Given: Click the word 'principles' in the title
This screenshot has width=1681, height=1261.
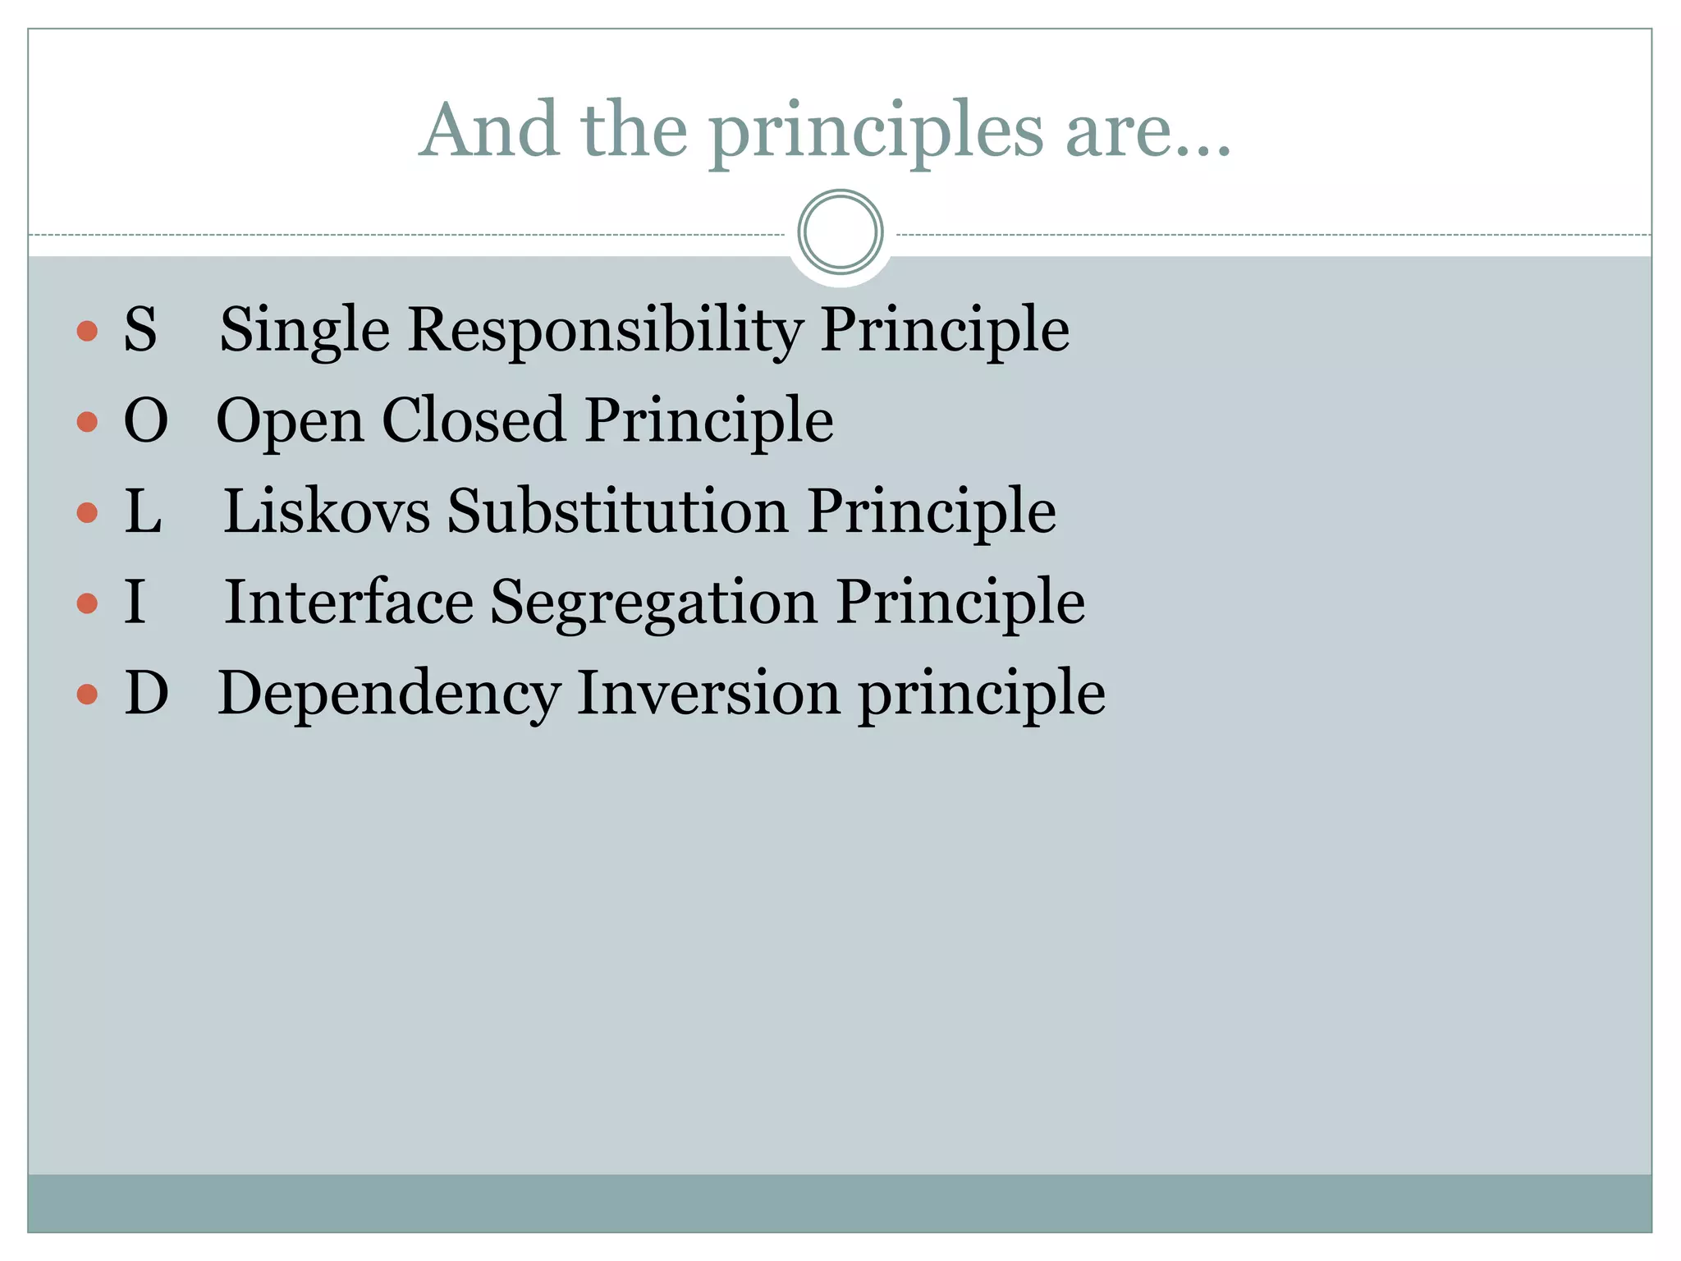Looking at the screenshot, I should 876,131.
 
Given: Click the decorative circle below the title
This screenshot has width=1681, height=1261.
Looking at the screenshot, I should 840,232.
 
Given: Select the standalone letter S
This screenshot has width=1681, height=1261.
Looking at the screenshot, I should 140,329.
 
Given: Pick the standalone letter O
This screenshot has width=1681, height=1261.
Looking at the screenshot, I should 146,420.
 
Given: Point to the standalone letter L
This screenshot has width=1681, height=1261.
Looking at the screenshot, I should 143,511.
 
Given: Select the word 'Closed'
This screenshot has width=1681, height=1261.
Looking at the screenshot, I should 474,420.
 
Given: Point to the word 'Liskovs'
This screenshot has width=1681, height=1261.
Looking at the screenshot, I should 327,511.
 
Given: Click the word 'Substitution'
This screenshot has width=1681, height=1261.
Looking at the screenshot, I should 618,511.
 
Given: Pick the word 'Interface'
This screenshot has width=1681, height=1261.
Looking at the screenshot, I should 349,602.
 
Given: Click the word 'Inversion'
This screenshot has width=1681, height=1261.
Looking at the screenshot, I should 708,693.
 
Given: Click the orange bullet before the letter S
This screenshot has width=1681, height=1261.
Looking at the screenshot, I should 87,331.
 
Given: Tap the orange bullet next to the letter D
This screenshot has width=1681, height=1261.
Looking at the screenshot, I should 87,695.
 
